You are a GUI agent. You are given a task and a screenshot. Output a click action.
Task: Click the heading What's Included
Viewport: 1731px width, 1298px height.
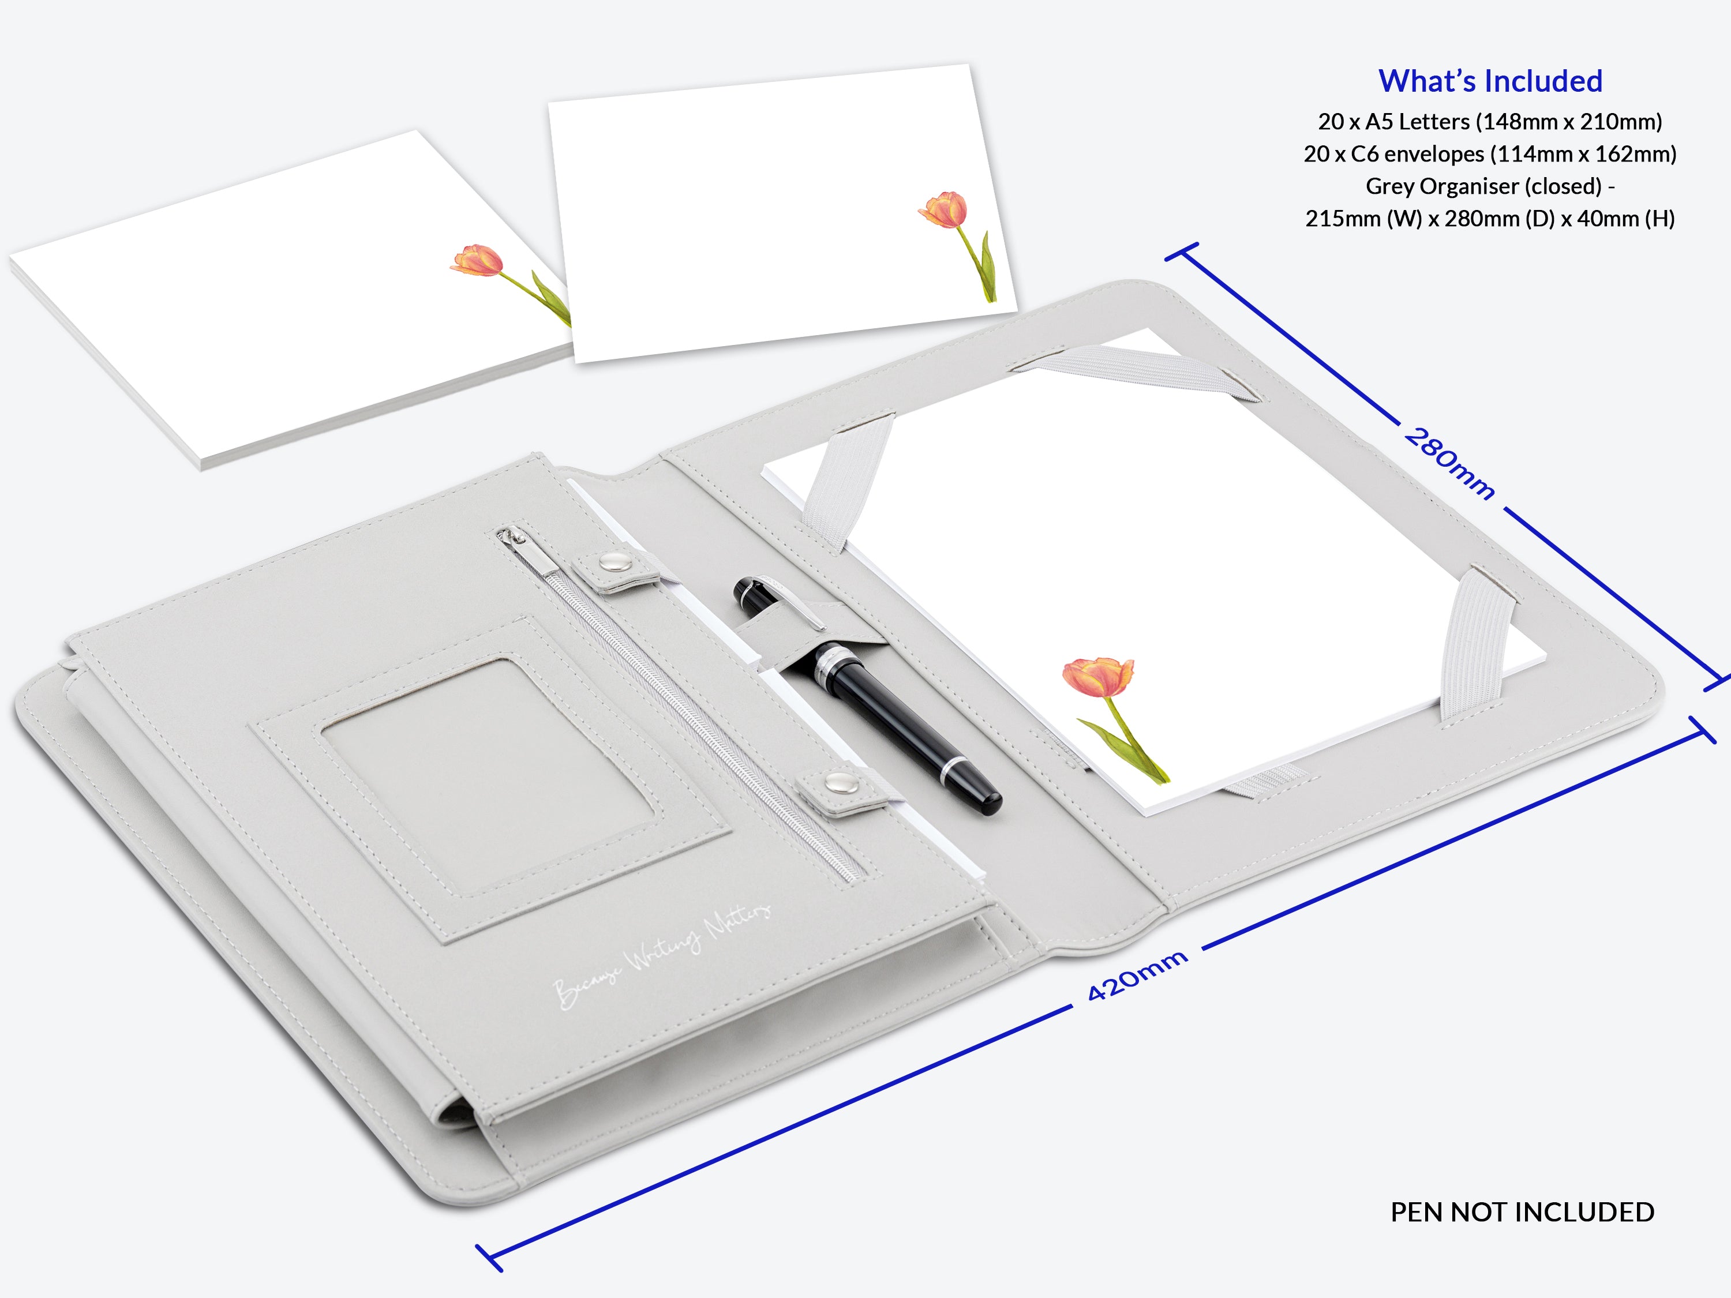pyautogui.click(x=1490, y=81)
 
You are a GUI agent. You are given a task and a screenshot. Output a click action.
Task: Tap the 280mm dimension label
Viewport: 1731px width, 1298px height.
pyautogui.click(x=1450, y=464)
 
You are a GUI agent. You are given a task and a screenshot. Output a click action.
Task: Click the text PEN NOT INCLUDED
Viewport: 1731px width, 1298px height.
pyautogui.click(x=1522, y=1212)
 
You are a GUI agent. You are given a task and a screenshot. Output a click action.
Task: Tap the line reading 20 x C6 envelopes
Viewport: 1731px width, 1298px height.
pyautogui.click(x=1490, y=154)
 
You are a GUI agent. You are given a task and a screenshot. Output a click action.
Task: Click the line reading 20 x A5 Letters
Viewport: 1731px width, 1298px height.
pyautogui.click(x=1490, y=121)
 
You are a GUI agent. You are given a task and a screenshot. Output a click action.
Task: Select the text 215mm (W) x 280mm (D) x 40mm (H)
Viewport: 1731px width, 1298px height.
pyautogui.click(x=1490, y=218)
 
